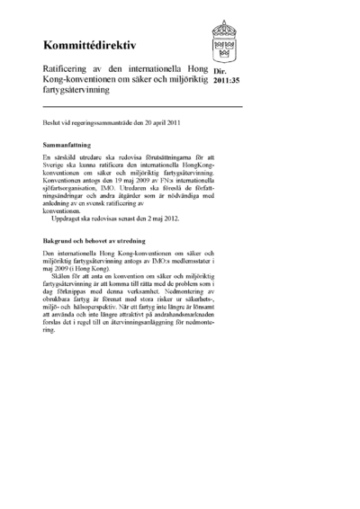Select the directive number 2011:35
coord(226,82)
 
